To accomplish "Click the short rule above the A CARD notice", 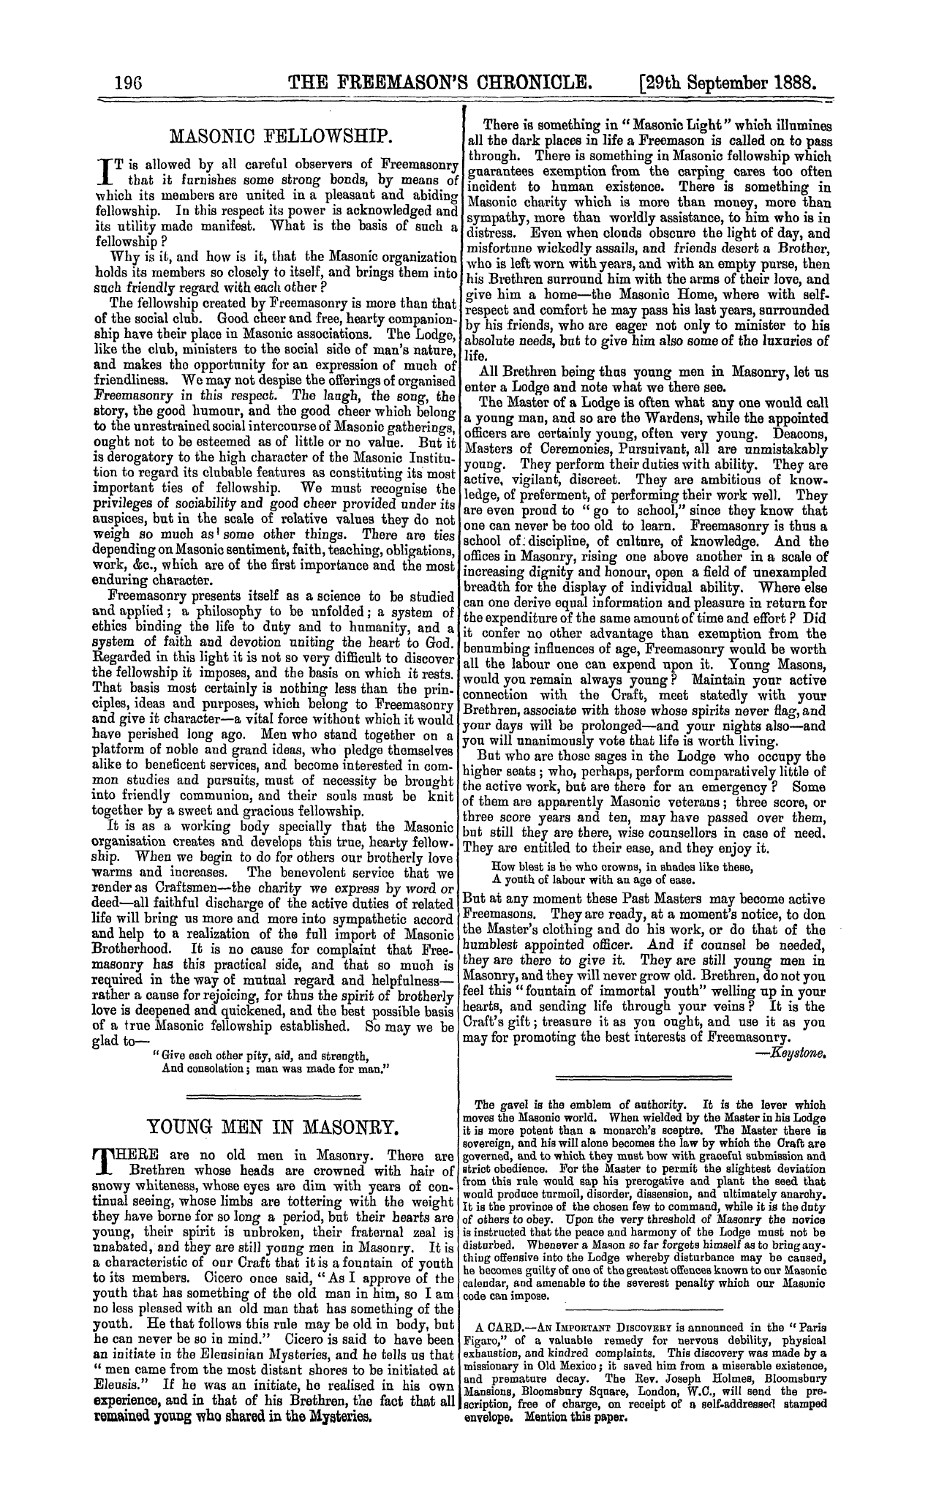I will tap(644, 1309).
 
